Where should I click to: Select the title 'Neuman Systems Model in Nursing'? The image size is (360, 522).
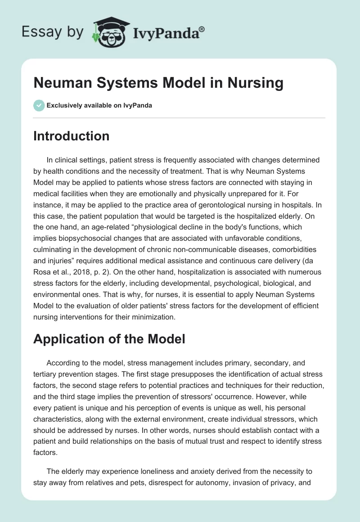(x=158, y=83)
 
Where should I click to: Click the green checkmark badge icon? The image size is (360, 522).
(x=39, y=105)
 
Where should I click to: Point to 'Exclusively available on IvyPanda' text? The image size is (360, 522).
(x=99, y=105)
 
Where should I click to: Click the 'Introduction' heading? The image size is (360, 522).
(x=71, y=136)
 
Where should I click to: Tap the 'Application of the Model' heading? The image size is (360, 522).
(x=109, y=339)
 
